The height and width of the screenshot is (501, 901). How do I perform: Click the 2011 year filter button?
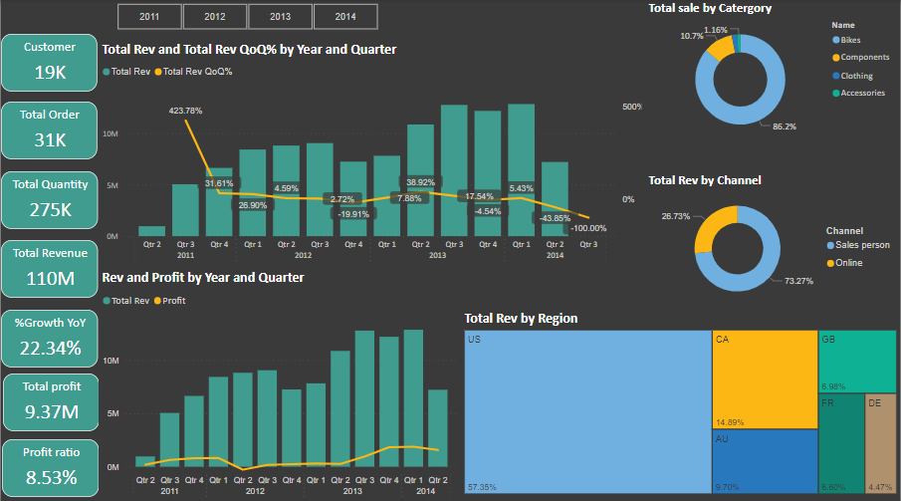pyautogui.click(x=149, y=17)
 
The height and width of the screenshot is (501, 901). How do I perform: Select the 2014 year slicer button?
pyautogui.click(x=345, y=17)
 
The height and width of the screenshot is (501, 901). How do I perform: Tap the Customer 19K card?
pyautogui.click(x=49, y=61)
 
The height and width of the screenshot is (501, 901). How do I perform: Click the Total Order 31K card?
pyautogui.click(x=49, y=128)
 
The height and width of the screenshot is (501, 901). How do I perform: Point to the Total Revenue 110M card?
pyautogui.click(x=49, y=266)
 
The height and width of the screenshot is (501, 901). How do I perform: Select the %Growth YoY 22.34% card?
pyautogui.click(x=49, y=336)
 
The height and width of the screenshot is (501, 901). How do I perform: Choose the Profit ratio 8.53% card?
pyautogui.click(x=49, y=465)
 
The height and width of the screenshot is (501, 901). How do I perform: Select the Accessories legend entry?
pyautogui.click(x=861, y=93)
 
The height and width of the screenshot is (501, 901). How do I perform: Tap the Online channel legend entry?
pyautogui.click(x=848, y=263)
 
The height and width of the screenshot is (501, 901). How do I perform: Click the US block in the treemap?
pyautogui.click(x=587, y=411)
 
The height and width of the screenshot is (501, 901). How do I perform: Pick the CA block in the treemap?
pyautogui.click(x=764, y=379)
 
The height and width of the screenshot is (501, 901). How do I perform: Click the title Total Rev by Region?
pyautogui.click(x=521, y=319)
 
